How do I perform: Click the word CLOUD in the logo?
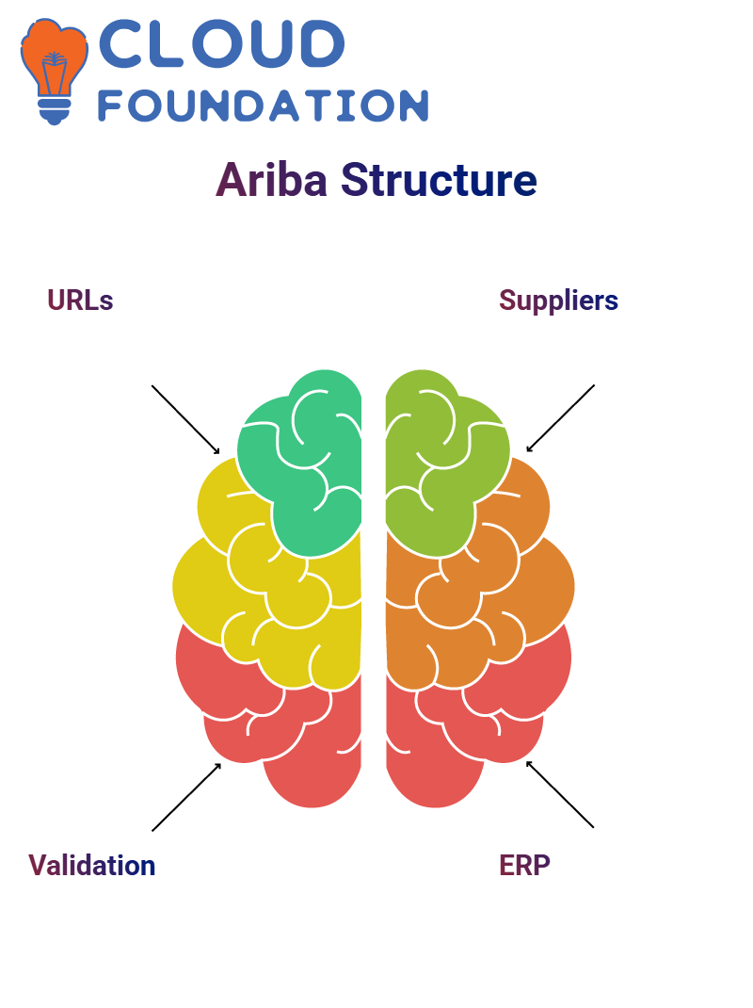[x=222, y=43]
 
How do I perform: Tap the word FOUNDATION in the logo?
[x=263, y=106]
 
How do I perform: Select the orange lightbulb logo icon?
[x=54, y=71]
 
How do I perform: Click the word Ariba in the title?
[x=272, y=180]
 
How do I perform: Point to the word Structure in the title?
[x=439, y=180]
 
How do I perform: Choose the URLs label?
[x=80, y=301]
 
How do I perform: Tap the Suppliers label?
[x=558, y=301]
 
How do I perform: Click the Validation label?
[x=92, y=866]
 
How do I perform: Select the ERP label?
[x=525, y=866]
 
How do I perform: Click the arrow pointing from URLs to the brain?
[x=185, y=420]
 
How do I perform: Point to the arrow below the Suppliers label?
[x=560, y=418]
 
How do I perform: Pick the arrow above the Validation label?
[x=186, y=797]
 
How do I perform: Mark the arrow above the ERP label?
[x=560, y=794]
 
